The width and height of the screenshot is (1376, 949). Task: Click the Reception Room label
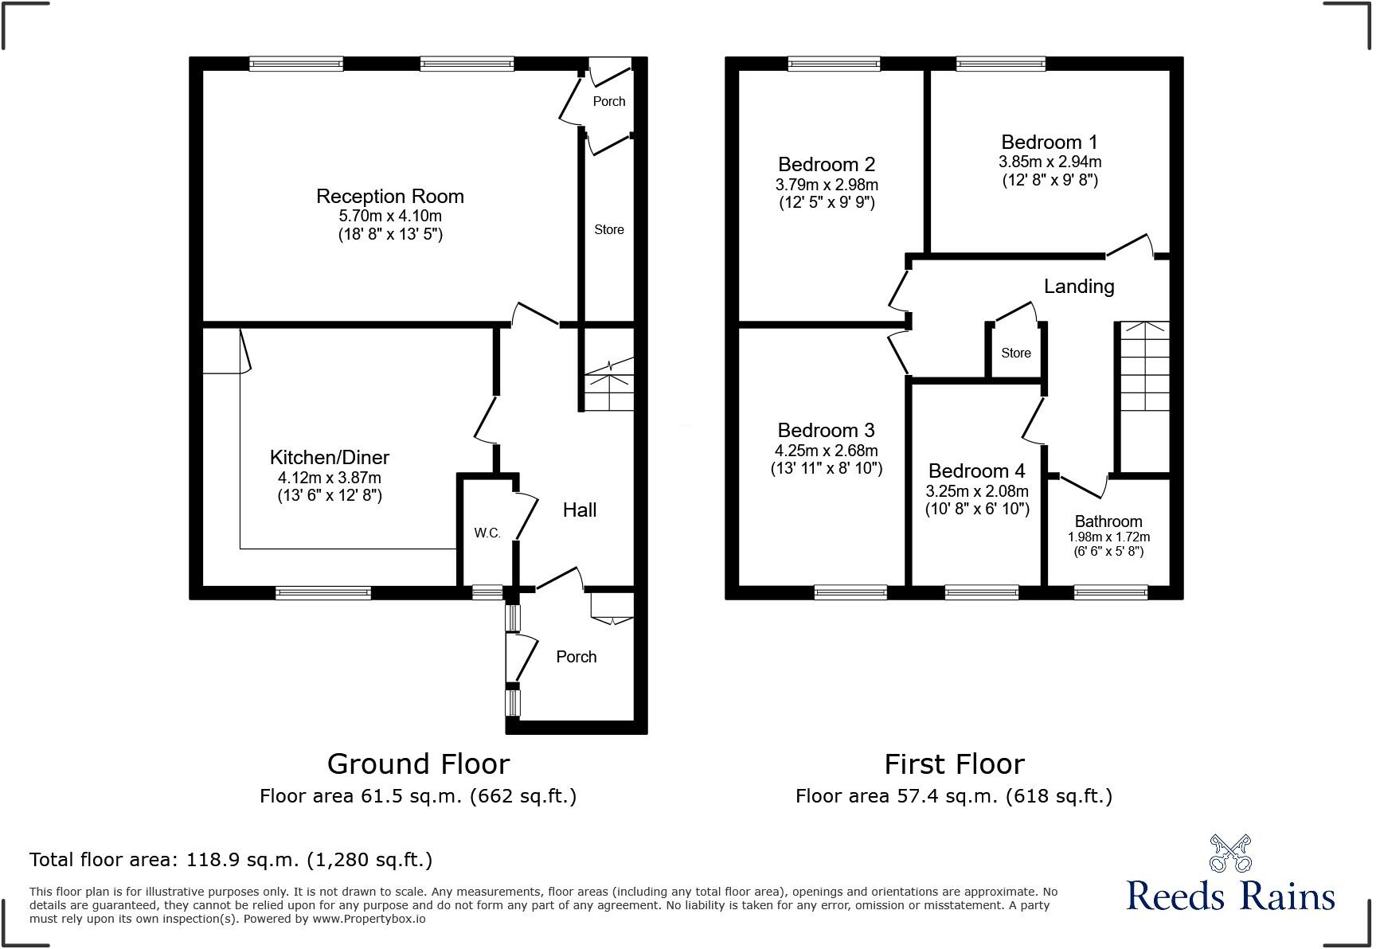[389, 197]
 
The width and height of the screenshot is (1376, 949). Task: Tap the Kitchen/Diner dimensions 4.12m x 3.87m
[329, 478]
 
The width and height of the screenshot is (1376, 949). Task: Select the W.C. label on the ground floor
[487, 533]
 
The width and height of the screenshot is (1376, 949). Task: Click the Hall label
[579, 510]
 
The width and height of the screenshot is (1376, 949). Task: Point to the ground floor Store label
[608, 229]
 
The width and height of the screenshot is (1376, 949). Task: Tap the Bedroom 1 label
[1049, 143]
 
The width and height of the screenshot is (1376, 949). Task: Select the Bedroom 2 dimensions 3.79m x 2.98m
[827, 185]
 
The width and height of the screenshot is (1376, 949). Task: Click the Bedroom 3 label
[826, 431]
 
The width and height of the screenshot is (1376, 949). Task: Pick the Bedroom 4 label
[976, 471]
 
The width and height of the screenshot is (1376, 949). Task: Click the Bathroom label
[1108, 521]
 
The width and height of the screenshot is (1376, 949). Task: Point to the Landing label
[1078, 287]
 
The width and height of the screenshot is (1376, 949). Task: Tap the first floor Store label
[1015, 353]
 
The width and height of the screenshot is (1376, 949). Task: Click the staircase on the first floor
[1144, 366]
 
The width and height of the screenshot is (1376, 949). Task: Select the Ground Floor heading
[418, 764]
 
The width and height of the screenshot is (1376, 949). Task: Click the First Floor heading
[954, 764]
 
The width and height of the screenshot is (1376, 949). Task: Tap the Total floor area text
[231, 860]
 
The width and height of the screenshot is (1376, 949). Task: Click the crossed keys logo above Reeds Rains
[1230, 853]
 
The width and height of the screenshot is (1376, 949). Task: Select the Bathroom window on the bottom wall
[1110, 592]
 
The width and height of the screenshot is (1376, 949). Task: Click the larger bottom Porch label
[576, 657]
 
